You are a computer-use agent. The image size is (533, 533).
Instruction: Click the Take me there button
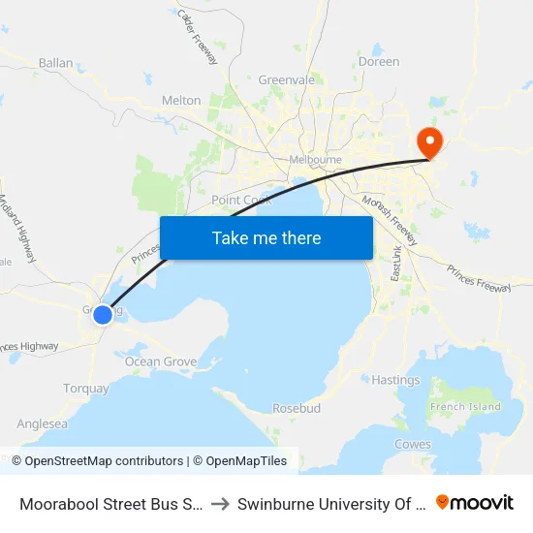point(266,237)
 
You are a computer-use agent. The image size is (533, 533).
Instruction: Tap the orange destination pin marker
point(427,142)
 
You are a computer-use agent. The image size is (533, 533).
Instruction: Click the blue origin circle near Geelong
point(102,314)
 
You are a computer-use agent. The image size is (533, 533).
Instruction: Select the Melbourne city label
point(316,160)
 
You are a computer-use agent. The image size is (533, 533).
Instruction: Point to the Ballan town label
point(55,63)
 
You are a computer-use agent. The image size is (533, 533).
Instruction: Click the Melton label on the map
point(181,101)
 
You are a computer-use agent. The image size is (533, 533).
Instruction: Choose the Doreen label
point(379,61)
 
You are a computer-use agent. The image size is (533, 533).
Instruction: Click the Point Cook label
point(241,200)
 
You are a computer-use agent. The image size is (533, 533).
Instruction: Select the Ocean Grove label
point(161,361)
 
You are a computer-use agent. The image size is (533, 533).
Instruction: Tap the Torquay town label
point(86,389)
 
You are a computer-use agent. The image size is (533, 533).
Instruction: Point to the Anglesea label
point(43,423)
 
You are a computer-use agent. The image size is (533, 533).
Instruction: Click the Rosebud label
point(297,408)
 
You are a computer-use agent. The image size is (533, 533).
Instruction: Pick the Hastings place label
point(396,380)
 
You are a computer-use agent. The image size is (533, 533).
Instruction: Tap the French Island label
point(467,406)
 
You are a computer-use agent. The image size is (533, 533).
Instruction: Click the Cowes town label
point(413,444)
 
